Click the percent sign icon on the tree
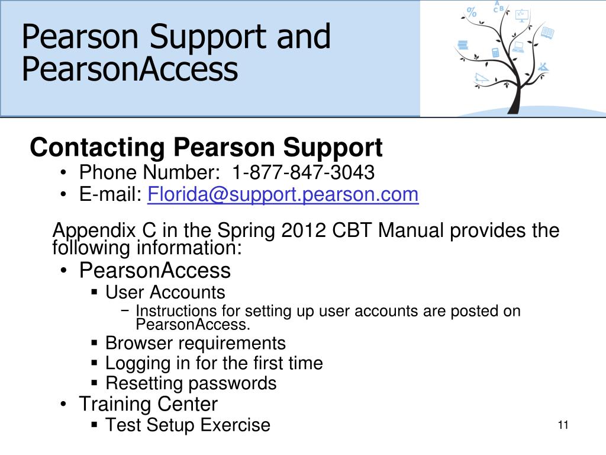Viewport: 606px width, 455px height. [472, 11]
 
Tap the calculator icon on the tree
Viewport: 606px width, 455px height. [495, 53]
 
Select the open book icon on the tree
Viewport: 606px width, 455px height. [547, 34]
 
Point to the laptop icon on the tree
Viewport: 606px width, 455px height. [518, 47]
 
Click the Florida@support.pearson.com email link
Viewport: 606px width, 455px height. [283, 194]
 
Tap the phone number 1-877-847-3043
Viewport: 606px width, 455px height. [303, 172]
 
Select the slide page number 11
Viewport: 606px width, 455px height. [563, 425]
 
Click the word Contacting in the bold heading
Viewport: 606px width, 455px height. [98, 148]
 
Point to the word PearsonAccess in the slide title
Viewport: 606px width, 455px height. [130, 69]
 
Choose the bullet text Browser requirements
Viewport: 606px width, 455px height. [195, 343]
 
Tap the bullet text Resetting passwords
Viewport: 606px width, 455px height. [191, 383]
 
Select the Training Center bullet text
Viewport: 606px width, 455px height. [148, 404]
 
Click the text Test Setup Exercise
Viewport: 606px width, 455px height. [187, 425]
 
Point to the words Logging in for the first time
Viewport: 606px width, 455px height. [214, 363]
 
